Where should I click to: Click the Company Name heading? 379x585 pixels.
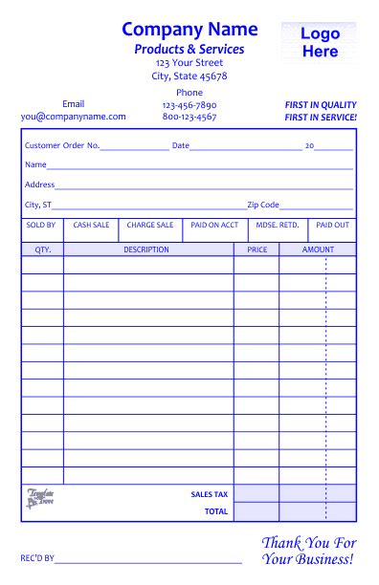click(x=189, y=30)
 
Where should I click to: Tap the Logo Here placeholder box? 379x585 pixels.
click(x=320, y=43)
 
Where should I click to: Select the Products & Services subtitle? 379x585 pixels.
click(x=189, y=50)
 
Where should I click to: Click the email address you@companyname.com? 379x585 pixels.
click(x=74, y=117)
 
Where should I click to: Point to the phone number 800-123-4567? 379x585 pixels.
click(x=189, y=117)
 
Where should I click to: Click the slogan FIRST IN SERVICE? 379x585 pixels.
click(x=321, y=117)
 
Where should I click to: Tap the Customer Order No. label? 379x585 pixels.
click(x=62, y=146)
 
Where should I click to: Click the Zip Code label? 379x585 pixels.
click(x=263, y=205)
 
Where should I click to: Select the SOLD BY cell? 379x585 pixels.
click(x=41, y=226)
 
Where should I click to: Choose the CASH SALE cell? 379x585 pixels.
click(x=92, y=226)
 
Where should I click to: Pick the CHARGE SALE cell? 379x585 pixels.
click(x=150, y=226)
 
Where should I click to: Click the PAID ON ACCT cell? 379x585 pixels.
click(x=214, y=226)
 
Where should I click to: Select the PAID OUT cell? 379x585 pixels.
click(x=332, y=226)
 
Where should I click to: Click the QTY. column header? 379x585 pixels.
click(x=43, y=250)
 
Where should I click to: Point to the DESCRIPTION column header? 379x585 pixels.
click(x=146, y=250)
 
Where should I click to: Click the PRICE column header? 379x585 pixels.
click(x=256, y=250)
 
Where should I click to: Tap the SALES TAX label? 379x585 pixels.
click(x=210, y=494)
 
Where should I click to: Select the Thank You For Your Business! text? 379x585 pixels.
click(x=308, y=551)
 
